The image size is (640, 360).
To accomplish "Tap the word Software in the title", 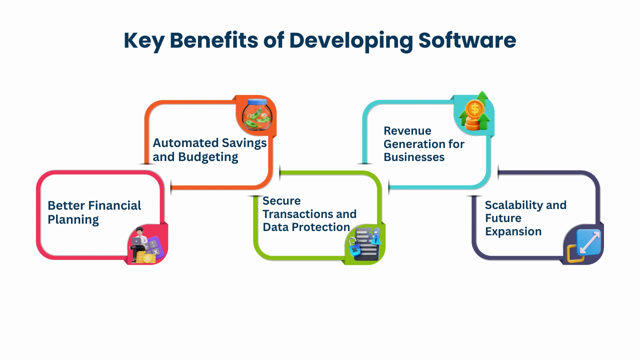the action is pos(467,40).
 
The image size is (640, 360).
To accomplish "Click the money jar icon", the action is pos(257,114).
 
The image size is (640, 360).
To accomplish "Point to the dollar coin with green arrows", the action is pos(475,111).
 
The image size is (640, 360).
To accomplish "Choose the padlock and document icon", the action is pos(364,244).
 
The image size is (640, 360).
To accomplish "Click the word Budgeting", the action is pos(208,157).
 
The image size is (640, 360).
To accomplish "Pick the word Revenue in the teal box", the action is pos(407,131).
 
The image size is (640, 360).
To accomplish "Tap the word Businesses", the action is pos(414,157).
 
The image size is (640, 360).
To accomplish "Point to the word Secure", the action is pos(282,201).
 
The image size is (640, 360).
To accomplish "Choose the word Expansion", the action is pos(513,232).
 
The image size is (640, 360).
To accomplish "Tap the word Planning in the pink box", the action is pos(73,220).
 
